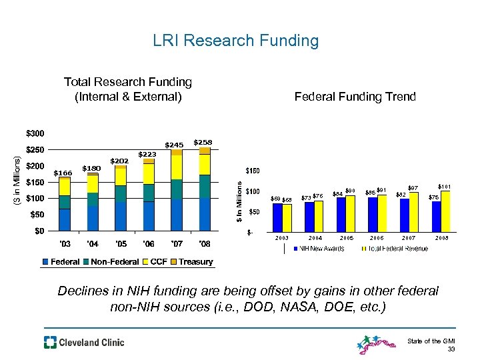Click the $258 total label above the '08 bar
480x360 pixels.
point(203,142)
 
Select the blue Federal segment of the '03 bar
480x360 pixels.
point(65,219)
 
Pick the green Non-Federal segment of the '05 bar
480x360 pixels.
point(121,193)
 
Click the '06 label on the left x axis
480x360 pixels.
point(149,243)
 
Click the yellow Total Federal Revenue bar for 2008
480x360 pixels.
point(445,211)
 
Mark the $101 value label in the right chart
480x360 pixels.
point(445,186)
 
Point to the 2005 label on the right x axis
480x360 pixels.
point(345,238)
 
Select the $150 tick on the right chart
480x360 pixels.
point(254,171)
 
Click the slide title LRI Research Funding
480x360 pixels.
point(235,41)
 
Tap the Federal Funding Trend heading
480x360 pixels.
point(355,97)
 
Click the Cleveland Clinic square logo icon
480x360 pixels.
point(51,343)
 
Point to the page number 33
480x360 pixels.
point(451,349)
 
